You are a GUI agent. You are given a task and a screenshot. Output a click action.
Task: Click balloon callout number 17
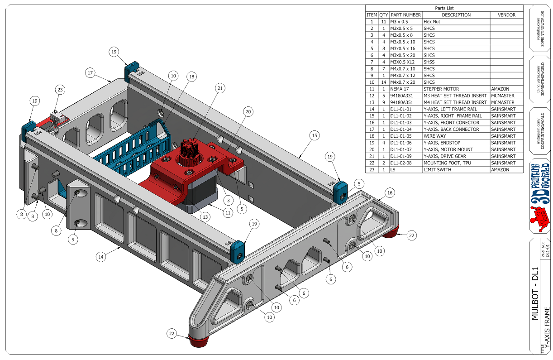coord(91,72)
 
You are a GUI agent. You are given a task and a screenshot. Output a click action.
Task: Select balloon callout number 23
coord(60,90)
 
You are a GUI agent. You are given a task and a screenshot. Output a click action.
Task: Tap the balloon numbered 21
coord(220,88)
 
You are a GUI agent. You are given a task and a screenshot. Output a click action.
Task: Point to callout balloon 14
coord(101,257)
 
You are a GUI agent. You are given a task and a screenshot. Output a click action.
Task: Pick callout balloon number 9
coord(74,239)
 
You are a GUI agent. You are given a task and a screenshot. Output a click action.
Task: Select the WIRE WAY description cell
coord(456,136)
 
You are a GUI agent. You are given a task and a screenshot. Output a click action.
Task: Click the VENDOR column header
coord(506,15)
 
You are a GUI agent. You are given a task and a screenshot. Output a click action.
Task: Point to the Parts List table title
coord(444,8)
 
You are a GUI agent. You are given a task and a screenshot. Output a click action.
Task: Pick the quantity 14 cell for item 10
coord(383,82)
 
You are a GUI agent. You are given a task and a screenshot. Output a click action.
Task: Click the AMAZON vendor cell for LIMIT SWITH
coord(506,169)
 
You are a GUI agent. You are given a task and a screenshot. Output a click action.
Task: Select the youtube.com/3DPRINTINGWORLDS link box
coord(539,29)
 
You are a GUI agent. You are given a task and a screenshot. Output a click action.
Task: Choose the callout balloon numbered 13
coord(205,217)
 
